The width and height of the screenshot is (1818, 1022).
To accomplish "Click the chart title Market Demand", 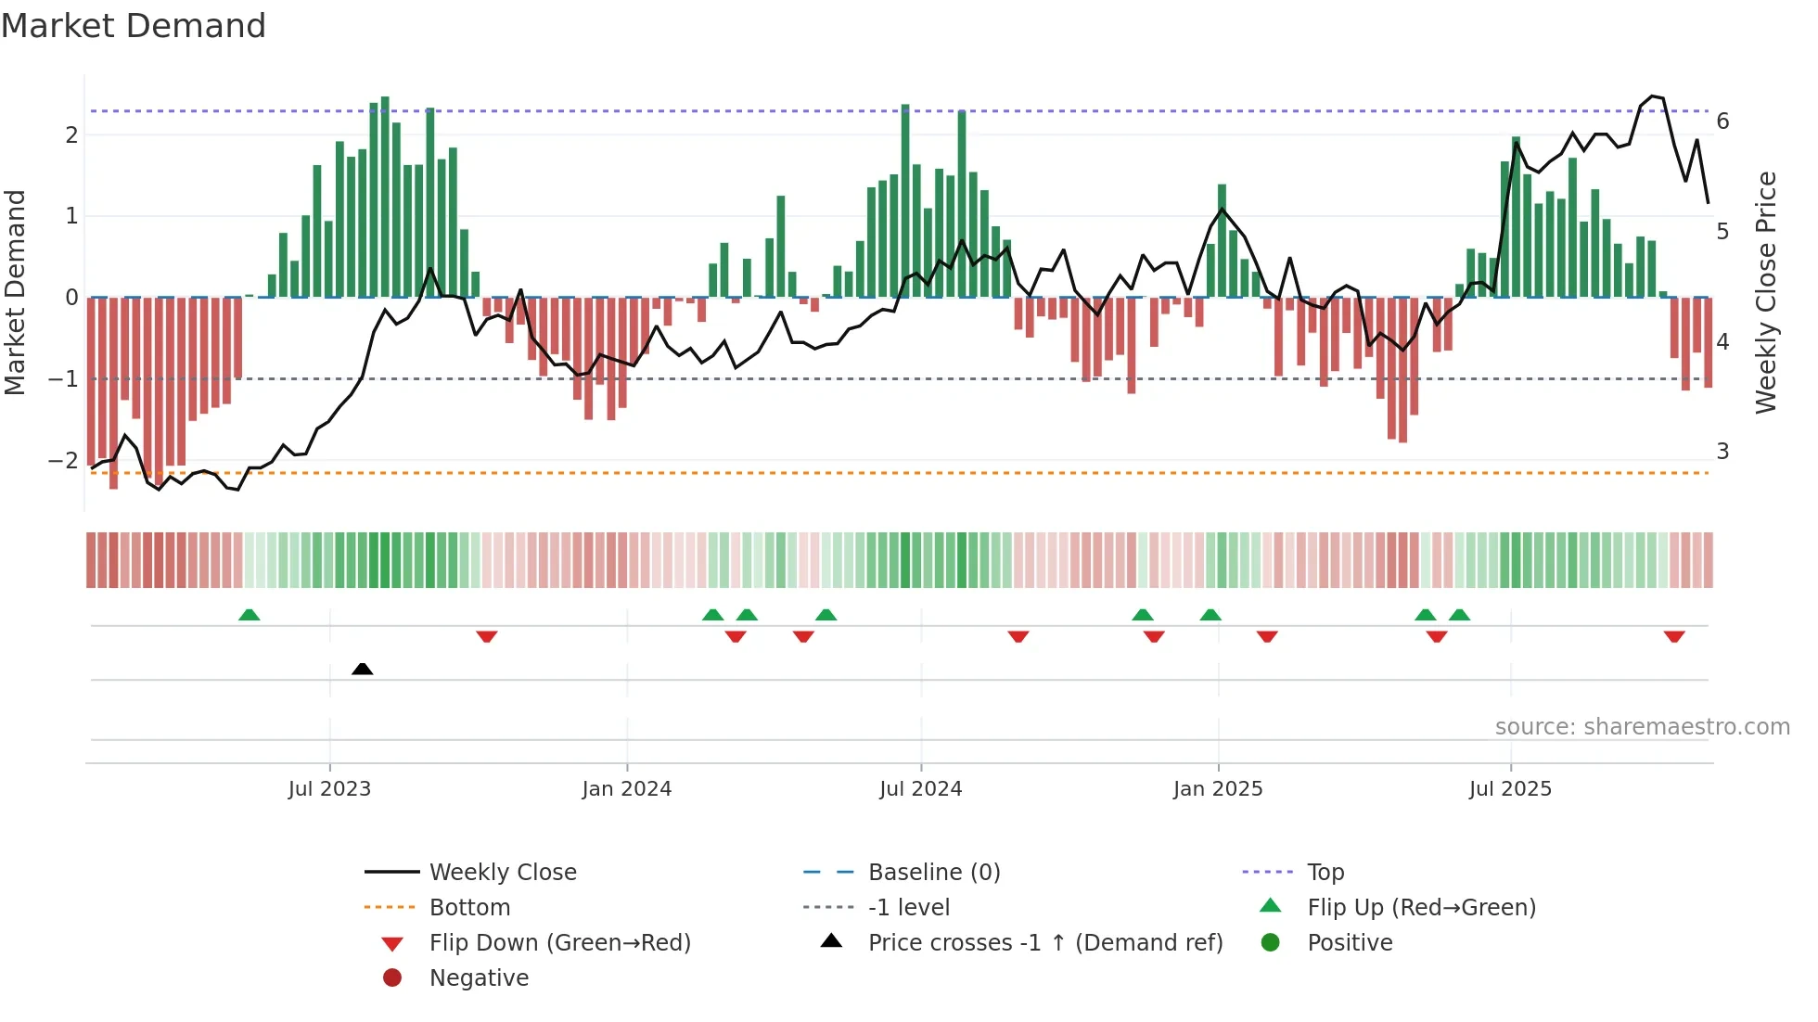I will coord(134,26).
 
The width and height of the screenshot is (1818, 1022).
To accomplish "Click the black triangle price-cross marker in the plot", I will coord(363,669).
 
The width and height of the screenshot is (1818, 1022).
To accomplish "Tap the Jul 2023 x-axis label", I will coord(329,789).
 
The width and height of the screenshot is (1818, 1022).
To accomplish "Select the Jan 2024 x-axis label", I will coord(626,789).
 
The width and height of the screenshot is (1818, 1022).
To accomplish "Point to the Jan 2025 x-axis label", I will coord(1217,789).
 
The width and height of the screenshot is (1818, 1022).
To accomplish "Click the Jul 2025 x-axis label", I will coord(1510,789).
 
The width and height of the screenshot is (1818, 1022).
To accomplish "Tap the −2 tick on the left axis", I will coord(64,461).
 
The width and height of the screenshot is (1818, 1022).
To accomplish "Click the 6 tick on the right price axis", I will coord(1722,121).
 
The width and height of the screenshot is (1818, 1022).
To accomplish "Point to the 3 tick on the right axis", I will coord(1722,452).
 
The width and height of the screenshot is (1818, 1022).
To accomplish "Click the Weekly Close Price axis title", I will coord(1766,292).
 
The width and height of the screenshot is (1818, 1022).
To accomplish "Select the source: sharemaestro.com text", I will coord(1642,727).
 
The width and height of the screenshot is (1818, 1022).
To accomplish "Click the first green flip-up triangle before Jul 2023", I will coord(249,615).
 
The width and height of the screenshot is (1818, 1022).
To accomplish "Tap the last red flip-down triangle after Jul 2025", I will coord(1674,636).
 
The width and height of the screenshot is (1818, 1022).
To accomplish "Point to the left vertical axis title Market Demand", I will coord(16,292).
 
